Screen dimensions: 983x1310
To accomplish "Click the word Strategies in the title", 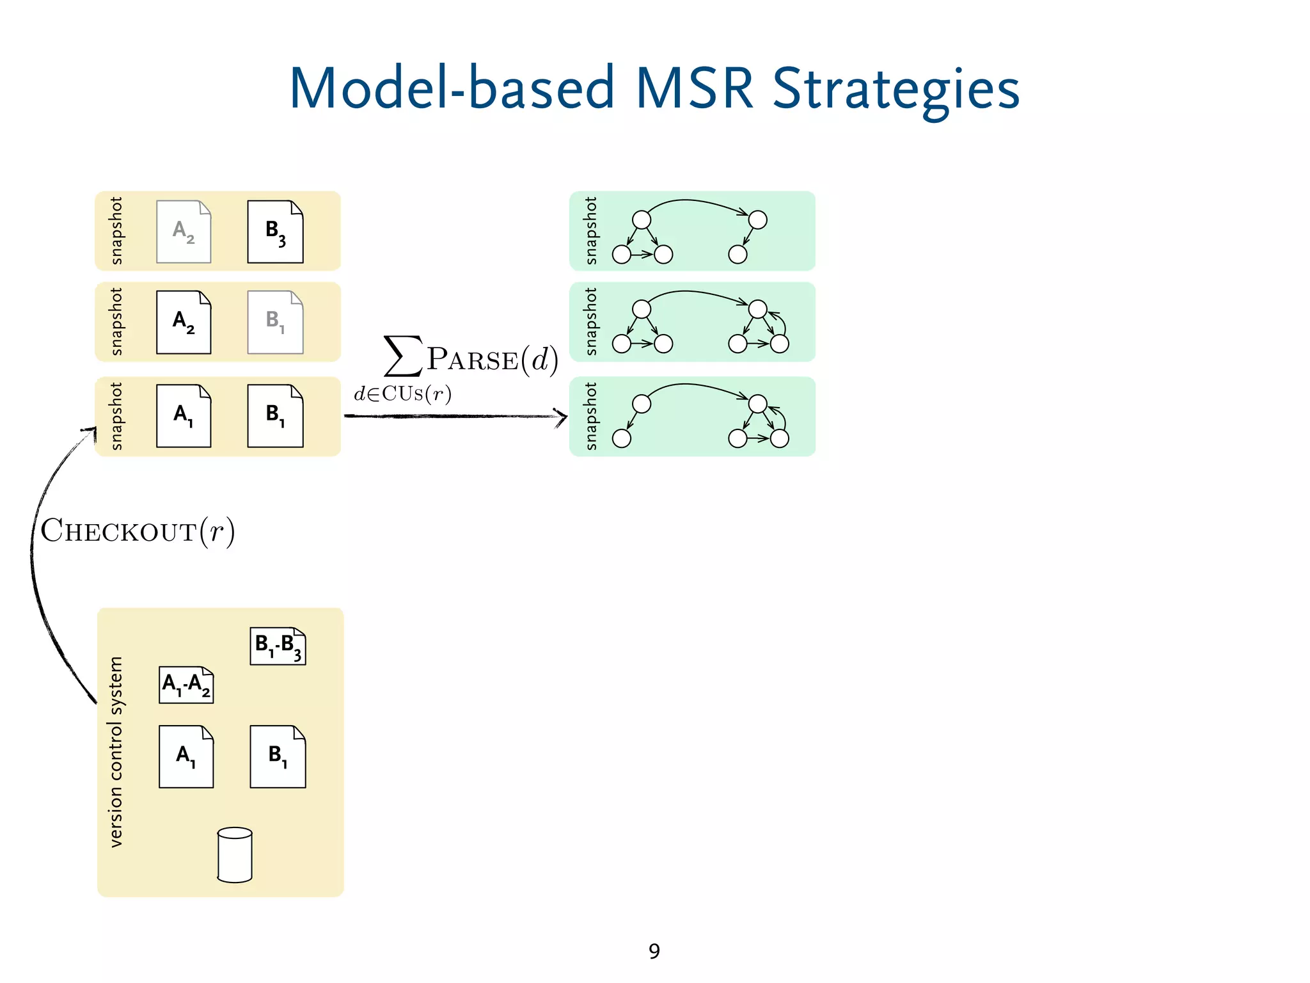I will pyautogui.click(x=896, y=90).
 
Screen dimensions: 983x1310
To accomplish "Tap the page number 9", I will pyautogui.click(x=654, y=951).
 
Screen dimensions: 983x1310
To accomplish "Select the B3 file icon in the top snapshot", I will pyautogui.click(x=275, y=232).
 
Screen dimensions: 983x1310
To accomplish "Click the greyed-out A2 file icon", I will pyautogui.click(x=184, y=232).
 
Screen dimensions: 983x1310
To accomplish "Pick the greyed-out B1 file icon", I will pyautogui.click(x=275, y=322).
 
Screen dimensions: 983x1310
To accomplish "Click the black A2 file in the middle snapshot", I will pyautogui.click(x=184, y=322).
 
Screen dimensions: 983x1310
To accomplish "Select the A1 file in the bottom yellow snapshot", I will pyautogui.click(x=184, y=416).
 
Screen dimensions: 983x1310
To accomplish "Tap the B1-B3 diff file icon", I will pyautogui.click(x=278, y=646).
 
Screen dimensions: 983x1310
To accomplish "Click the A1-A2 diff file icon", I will pyautogui.click(x=186, y=685).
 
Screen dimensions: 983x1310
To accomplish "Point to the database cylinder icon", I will pyautogui.click(x=235, y=855).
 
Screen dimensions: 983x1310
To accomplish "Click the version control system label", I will pyautogui.click(x=116, y=752).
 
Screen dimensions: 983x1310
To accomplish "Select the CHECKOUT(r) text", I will pyautogui.click(x=138, y=531).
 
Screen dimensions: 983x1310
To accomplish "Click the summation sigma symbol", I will pyautogui.click(x=402, y=356).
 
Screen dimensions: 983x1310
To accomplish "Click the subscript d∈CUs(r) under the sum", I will pyautogui.click(x=402, y=394).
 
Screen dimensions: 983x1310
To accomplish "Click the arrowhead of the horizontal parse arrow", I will pyautogui.click(x=562, y=417).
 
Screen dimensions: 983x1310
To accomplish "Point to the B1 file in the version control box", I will pyautogui.click(x=278, y=756).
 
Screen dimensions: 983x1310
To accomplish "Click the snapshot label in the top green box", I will pyautogui.click(x=591, y=230).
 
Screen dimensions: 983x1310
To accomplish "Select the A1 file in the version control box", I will pyautogui.click(x=186, y=756).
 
